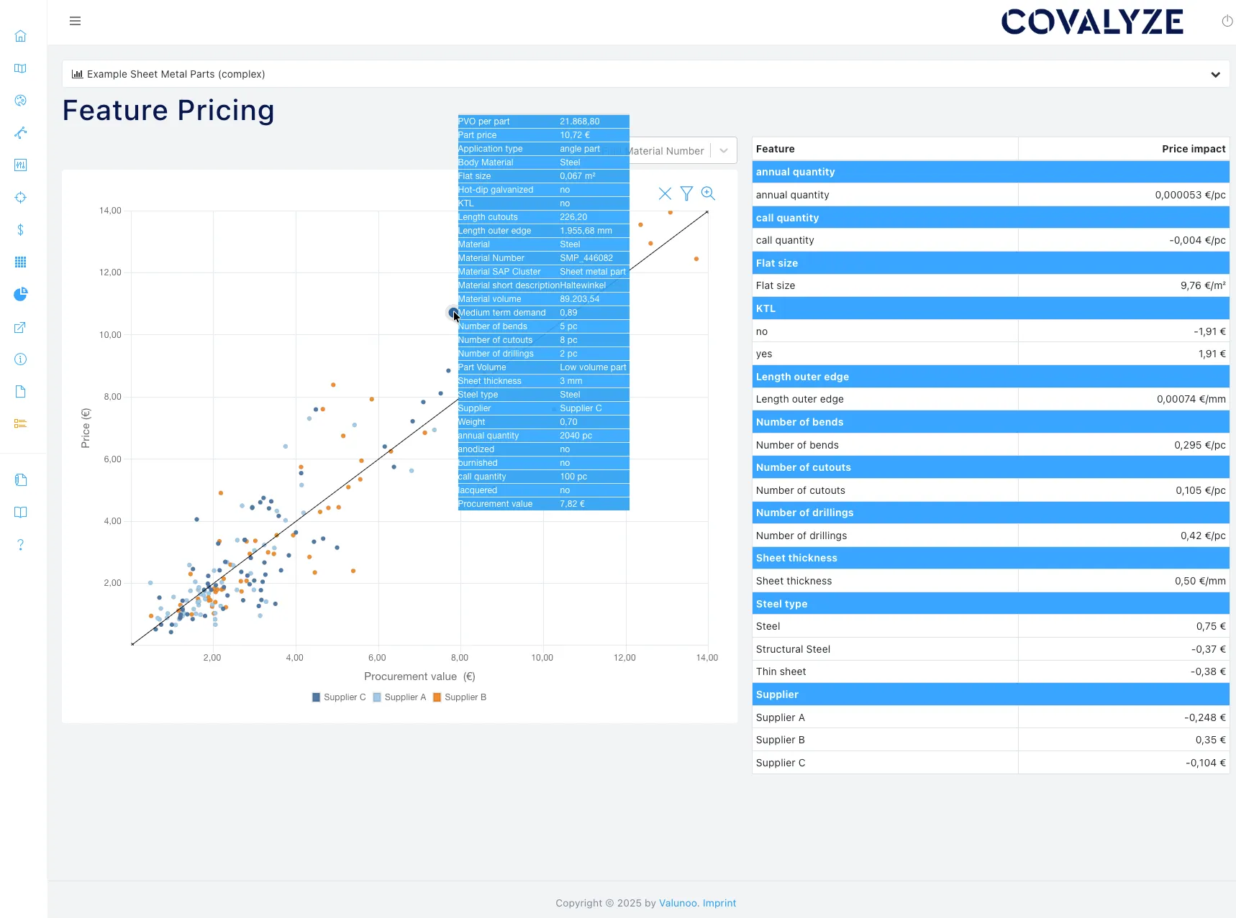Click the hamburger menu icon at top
pyautogui.click(x=75, y=21)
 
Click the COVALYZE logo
pyautogui.click(x=1091, y=22)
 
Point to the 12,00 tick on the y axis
pyautogui.click(x=110, y=272)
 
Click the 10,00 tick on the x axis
pyautogui.click(x=542, y=658)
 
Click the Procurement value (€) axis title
pyautogui.click(x=419, y=676)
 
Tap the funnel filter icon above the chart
pyautogui.click(x=686, y=193)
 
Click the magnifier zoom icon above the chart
pyautogui.click(x=708, y=193)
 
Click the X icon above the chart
pyautogui.click(x=665, y=193)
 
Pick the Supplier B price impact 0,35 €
pyautogui.click(x=1210, y=740)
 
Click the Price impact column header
pyautogui.click(x=1193, y=149)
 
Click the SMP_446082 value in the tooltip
pyautogui.click(x=586, y=258)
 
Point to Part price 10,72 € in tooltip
pyautogui.click(x=574, y=135)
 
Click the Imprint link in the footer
pyautogui.click(x=719, y=903)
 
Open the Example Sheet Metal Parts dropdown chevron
pyautogui.click(x=1215, y=74)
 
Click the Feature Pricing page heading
pyautogui.click(x=168, y=110)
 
